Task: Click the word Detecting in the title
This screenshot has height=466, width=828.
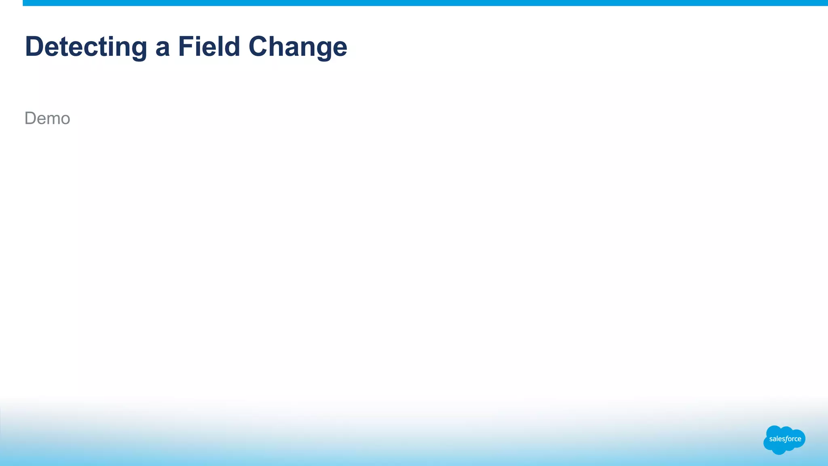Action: click(x=86, y=47)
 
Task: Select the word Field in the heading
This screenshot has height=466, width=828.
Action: click(x=209, y=47)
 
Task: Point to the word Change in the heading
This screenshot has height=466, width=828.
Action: click(x=298, y=47)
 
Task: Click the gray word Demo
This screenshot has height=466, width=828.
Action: click(x=47, y=119)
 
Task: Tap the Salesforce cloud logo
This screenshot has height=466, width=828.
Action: click(x=784, y=440)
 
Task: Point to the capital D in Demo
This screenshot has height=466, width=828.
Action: click(x=30, y=119)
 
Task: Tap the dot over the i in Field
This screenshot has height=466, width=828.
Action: click(x=200, y=37)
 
